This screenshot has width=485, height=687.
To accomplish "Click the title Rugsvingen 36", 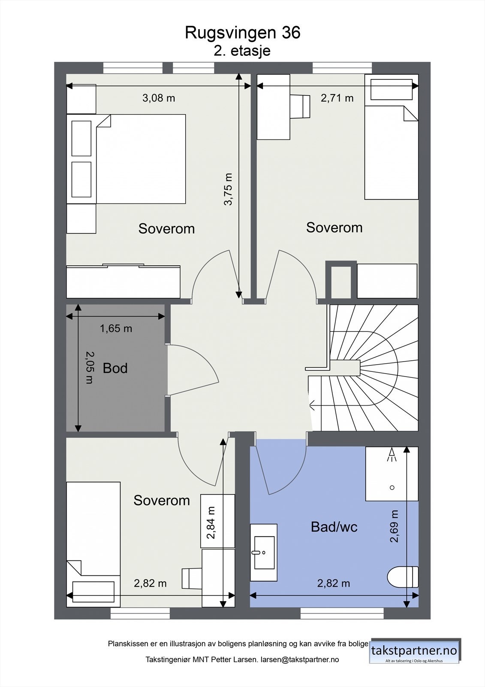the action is [x=242, y=33].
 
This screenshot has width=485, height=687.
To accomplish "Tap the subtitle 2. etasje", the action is [x=242, y=51].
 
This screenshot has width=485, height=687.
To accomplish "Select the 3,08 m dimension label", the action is [x=159, y=98].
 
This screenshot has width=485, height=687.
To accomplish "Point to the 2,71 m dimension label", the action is [x=337, y=98].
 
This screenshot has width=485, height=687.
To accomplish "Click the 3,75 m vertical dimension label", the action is [x=228, y=189].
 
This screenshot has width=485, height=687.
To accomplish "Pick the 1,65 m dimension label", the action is [x=116, y=329].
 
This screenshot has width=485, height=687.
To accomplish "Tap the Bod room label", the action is [x=115, y=368].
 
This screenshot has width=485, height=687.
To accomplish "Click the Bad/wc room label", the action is [x=334, y=527].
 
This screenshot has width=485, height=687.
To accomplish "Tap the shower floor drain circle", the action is [x=392, y=487].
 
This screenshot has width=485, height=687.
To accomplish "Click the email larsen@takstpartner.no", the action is [x=300, y=660].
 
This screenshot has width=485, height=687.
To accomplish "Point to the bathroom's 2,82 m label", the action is [x=333, y=584].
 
